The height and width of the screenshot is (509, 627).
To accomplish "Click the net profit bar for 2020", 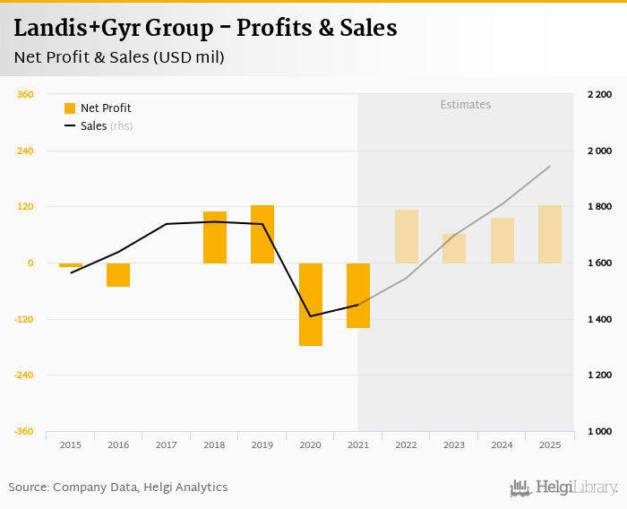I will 310,304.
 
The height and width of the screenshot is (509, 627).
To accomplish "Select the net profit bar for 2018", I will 215,237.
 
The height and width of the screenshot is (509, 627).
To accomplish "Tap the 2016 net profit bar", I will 118,274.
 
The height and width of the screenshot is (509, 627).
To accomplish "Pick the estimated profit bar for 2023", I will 454,248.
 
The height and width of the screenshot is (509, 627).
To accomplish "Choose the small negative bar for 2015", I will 71,265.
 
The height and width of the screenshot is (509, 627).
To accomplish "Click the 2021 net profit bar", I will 358,295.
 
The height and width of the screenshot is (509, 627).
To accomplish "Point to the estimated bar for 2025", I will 550,234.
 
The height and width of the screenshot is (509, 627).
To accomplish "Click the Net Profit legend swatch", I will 70,108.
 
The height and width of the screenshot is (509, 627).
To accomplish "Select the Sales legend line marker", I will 70,126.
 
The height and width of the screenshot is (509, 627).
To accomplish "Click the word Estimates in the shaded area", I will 466,105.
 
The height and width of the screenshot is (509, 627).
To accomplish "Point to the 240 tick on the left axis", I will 24,151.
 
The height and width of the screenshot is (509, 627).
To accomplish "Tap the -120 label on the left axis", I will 22,319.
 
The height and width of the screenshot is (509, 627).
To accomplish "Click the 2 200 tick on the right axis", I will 599,94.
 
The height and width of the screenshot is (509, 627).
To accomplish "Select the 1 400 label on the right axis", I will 599,319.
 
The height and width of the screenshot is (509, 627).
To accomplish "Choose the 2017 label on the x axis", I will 166,444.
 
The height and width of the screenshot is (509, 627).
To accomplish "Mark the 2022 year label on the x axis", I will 406,444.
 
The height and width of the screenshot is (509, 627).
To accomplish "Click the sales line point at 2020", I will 310,315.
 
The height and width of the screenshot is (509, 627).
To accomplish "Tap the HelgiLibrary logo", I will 563,487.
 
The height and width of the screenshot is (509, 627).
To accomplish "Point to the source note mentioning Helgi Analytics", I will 118,487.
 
